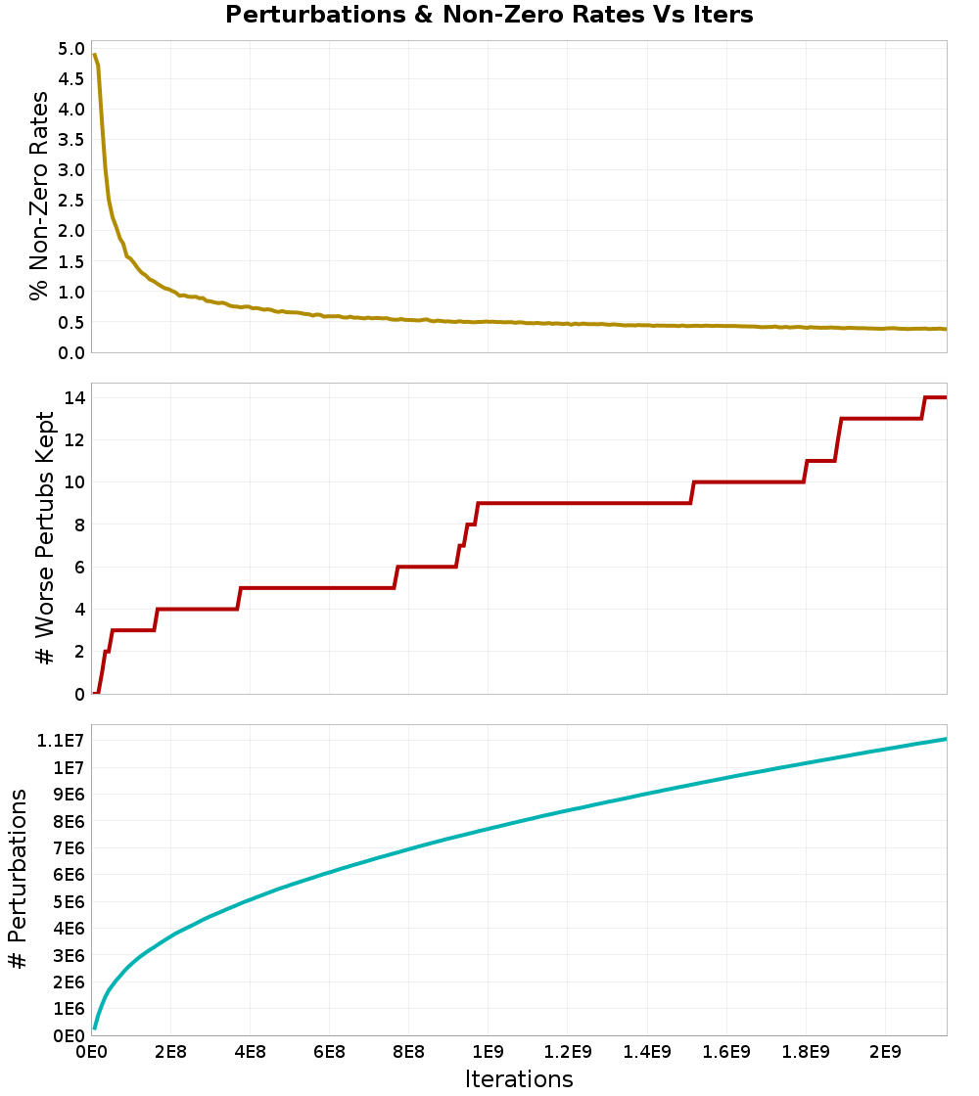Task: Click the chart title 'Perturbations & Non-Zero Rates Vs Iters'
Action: click(x=489, y=16)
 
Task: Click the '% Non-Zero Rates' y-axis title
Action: click(x=38, y=196)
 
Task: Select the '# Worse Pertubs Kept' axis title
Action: click(x=45, y=538)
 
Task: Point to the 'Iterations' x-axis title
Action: click(x=519, y=1079)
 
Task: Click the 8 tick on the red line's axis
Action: click(x=77, y=525)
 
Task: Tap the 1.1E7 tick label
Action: click(x=58, y=740)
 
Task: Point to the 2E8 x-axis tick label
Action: click(x=170, y=1052)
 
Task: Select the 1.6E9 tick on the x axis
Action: click(x=726, y=1052)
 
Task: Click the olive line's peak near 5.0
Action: click(x=94, y=55)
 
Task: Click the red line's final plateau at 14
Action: click(x=936, y=397)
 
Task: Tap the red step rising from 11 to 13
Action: click(x=838, y=439)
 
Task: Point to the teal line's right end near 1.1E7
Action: click(x=945, y=739)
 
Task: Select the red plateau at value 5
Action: click(x=313, y=587)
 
